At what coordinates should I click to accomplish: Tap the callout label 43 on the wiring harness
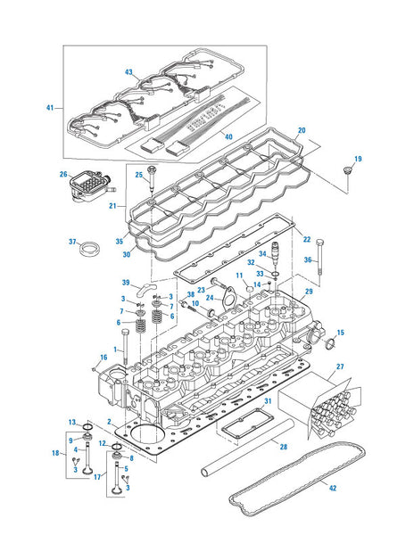128,72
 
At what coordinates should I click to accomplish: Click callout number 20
302,131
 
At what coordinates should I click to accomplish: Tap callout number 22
306,239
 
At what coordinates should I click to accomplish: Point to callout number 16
103,358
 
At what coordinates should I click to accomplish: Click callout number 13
72,422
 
